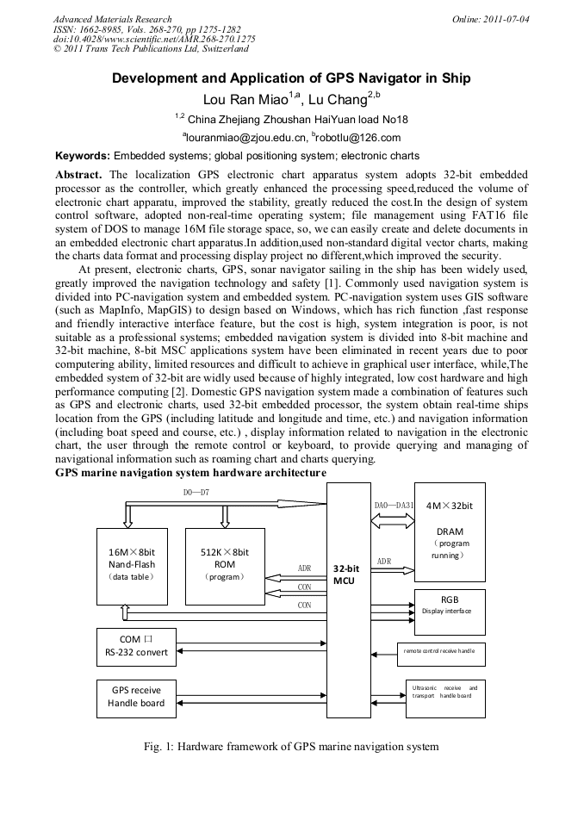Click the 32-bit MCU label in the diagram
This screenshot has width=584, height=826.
[345, 574]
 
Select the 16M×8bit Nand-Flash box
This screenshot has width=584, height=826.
[131, 563]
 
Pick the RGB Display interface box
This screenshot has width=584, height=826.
[450, 606]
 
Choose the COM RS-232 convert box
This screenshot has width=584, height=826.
[136, 645]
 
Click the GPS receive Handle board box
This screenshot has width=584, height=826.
[136, 696]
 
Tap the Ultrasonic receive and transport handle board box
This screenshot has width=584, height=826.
[444, 691]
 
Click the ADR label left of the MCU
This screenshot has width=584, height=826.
[304, 568]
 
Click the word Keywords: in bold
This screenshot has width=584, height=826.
[83, 157]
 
